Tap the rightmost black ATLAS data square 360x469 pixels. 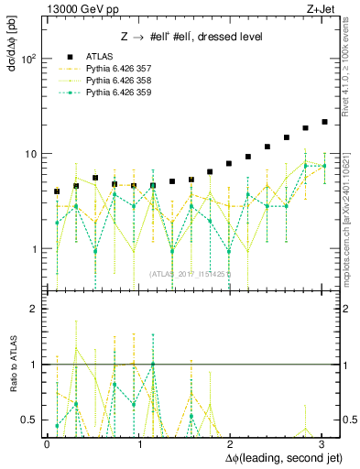click(324, 122)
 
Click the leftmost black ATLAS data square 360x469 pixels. click(57, 191)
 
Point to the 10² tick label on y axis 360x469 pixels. click(28, 59)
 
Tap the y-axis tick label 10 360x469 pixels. click(30, 154)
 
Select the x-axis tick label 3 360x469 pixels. click(322, 442)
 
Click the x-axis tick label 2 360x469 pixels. click(230, 442)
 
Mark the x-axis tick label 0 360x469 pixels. click(47, 442)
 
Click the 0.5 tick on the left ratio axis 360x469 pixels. click(29, 420)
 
